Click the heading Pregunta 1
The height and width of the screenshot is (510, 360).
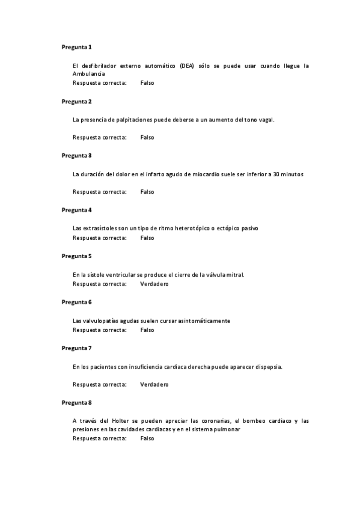(x=76, y=47)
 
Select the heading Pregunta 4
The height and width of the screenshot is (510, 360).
(x=76, y=210)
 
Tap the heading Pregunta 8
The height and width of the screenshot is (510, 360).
(x=76, y=402)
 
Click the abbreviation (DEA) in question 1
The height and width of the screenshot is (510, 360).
(x=187, y=66)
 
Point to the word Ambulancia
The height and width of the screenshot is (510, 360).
(x=89, y=73)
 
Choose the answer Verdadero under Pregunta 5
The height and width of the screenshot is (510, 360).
(x=154, y=284)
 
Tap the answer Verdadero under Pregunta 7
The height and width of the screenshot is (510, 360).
(x=154, y=384)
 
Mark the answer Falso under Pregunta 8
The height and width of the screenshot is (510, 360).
(x=147, y=438)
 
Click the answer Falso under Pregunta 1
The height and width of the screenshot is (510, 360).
(x=147, y=83)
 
